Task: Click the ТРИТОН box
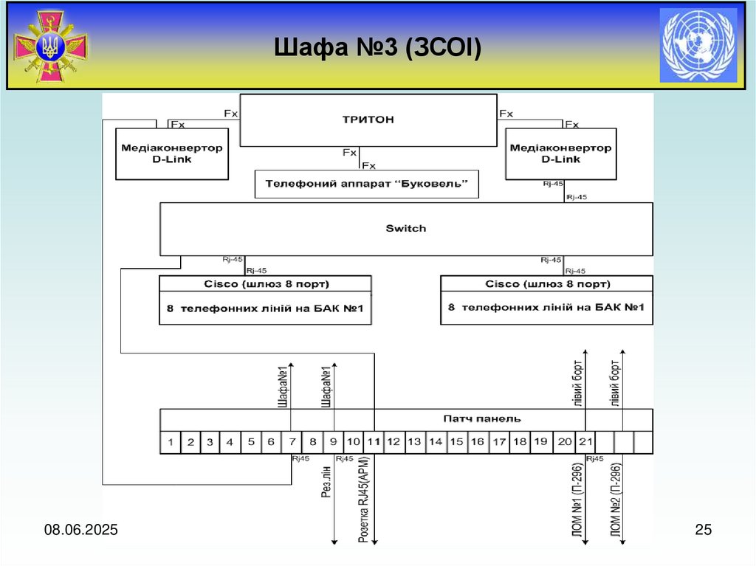368,120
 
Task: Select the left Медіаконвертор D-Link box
172,153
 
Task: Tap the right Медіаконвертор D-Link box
560,153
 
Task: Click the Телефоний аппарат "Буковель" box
366,184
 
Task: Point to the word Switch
406,229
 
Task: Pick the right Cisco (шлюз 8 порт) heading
546,284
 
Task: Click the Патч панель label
482,418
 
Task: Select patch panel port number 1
171,442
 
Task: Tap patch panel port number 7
292,442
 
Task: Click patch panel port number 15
456,442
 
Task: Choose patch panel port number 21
585,442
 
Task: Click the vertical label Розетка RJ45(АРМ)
363,500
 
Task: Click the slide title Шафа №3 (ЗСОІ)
377,49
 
